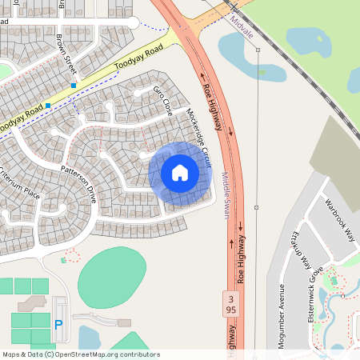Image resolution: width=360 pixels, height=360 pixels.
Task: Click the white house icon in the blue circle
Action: (180, 172)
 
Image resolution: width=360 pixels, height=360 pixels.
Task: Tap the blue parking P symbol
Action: (58, 325)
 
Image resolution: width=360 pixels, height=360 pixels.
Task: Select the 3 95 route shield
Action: (231, 303)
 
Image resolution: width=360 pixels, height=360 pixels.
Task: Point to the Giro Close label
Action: (163, 100)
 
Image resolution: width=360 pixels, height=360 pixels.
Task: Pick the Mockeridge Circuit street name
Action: (198, 131)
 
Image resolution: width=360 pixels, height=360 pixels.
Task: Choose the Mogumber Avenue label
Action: (282, 308)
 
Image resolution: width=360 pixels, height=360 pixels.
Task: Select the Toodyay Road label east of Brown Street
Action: (138, 58)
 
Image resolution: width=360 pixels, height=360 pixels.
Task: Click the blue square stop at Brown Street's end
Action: (74, 85)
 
